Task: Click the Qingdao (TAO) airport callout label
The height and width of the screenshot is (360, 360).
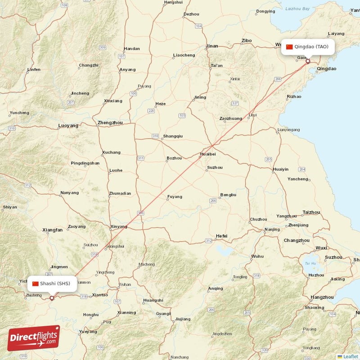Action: pos(308,47)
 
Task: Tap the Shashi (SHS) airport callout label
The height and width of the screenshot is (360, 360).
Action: pos(52,283)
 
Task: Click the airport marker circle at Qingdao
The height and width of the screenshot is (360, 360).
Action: pos(308,61)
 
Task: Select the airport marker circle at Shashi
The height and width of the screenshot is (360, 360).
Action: pos(52,297)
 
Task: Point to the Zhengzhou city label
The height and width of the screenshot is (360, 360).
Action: pos(110,122)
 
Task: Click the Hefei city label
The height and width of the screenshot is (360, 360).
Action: pos(221,236)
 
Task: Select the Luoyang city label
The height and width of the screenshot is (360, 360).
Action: pos(68,126)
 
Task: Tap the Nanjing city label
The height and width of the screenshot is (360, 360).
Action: pos(272,229)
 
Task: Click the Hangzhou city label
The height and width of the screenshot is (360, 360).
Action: pos(322,297)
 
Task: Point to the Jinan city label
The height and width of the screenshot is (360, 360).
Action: pos(211,46)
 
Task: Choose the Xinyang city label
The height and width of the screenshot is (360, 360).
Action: pos(119,227)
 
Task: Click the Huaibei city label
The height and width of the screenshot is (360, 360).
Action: pos(208,154)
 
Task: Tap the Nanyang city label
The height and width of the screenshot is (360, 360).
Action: pos(69,193)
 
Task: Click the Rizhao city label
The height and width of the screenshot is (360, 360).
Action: pos(294,97)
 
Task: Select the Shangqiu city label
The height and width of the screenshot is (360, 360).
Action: pos(173,136)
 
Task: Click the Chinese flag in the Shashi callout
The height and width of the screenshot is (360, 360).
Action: pos(36,283)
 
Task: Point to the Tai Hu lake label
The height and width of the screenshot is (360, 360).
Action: pos(310,264)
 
